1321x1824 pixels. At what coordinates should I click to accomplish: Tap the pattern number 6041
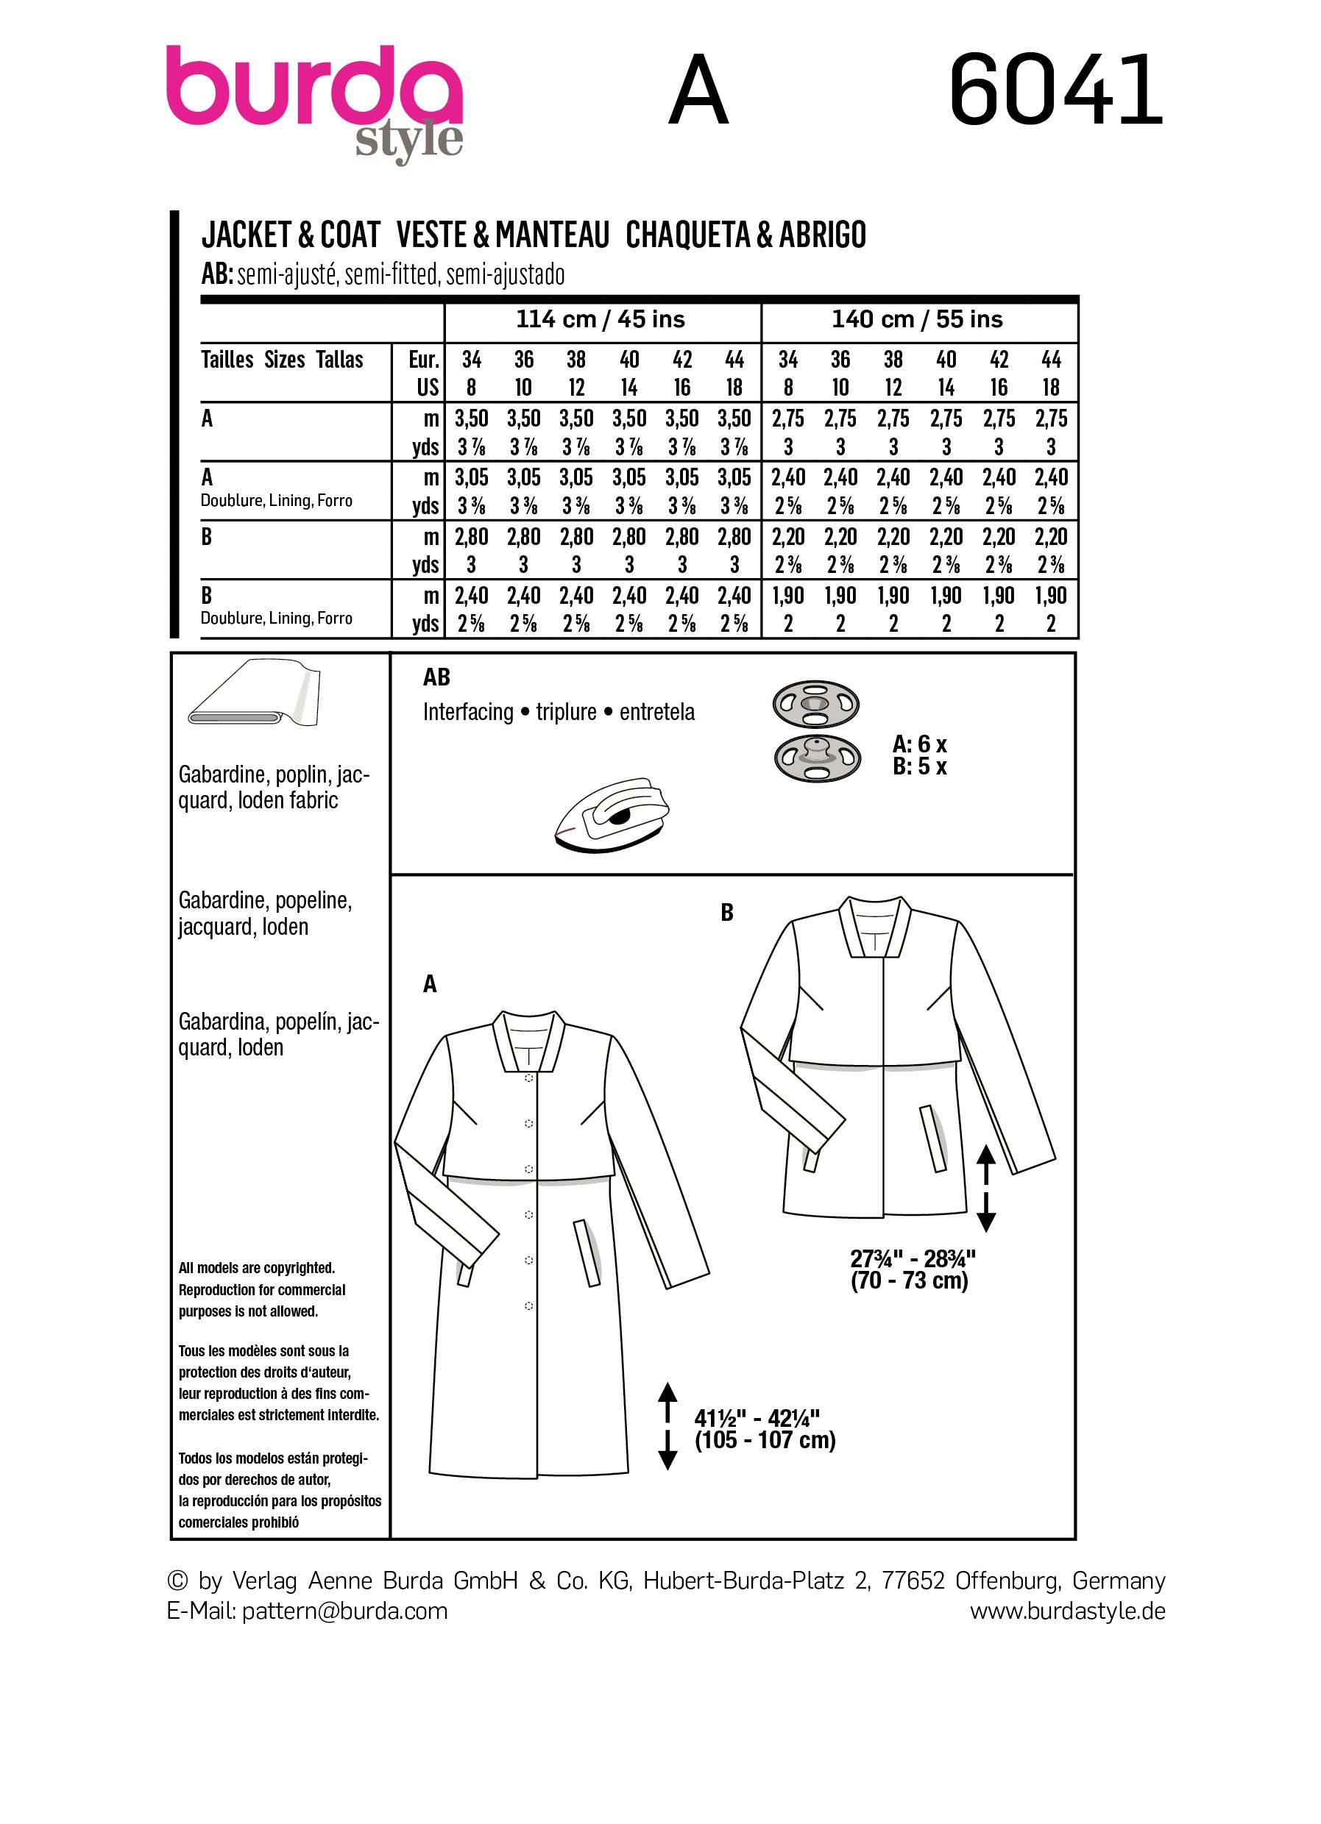click(x=1055, y=90)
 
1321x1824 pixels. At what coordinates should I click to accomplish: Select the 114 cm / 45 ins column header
click(x=601, y=319)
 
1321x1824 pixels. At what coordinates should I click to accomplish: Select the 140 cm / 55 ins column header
click(x=917, y=319)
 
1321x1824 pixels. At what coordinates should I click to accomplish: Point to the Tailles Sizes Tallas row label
click(x=282, y=360)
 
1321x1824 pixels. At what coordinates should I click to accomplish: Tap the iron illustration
click(x=612, y=814)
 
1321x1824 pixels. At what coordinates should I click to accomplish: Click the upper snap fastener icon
click(x=815, y=704)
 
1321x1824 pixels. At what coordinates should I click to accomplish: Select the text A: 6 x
click(x=920, y=744)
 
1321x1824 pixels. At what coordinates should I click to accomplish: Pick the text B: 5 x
click(x=920, y=766)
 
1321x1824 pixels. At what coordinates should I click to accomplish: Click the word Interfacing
click(x=467, y=712)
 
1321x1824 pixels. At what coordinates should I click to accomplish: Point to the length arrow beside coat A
click(x=667, y=1426)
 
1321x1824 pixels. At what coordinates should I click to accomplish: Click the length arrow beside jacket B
click(x=985, y=1189)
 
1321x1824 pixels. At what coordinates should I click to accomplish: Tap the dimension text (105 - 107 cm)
click(x=765, y=1440)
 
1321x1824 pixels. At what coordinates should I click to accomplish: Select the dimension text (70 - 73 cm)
click(x=909, y=1280)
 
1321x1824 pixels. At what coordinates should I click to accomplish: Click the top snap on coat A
click(x=528, y=1077)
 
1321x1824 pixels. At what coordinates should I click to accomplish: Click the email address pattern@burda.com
click(x=344, y=1611)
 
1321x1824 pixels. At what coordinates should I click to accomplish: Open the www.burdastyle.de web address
click(x=1067, y=1611)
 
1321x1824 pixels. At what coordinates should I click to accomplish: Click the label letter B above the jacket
click(x=726, y=912)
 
